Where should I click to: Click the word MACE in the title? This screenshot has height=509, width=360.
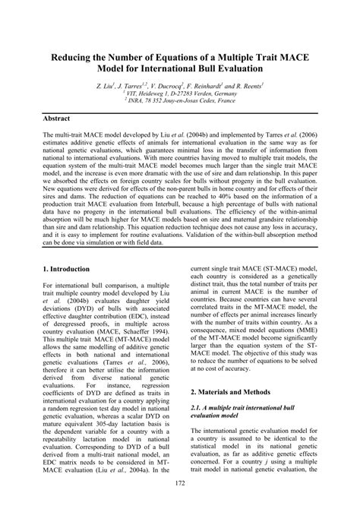tap(293, 56)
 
